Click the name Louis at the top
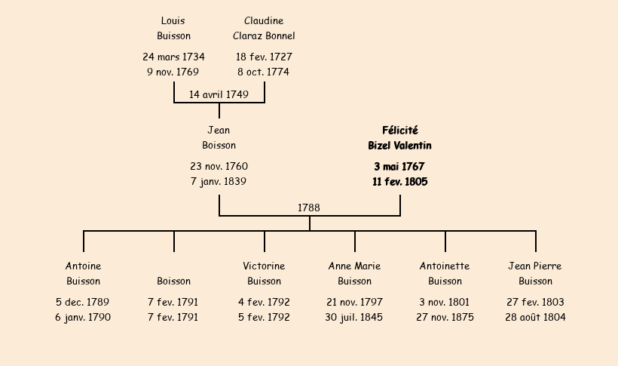coord(173,20)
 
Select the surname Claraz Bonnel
coord(264,36)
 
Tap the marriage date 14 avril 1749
coord(219,95)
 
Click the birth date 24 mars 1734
coord(173,57)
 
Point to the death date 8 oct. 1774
coord(263,72)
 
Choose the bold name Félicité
coord(400,131)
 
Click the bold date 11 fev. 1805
coord(400,182)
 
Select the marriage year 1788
coord(308,208)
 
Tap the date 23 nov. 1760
coord(219,166)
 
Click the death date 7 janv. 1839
coord(219,182)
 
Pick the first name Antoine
coord(83,266)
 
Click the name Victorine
coord(264,266)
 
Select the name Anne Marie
coord(354,266)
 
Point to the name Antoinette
coord(445,266)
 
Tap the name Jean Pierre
coord(535,266)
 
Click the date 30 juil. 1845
coord(354,318)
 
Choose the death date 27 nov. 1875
coord(445,318)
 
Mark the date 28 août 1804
coord(535,318)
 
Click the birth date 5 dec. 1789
coord(82,303)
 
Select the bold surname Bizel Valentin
coord(399,146)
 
